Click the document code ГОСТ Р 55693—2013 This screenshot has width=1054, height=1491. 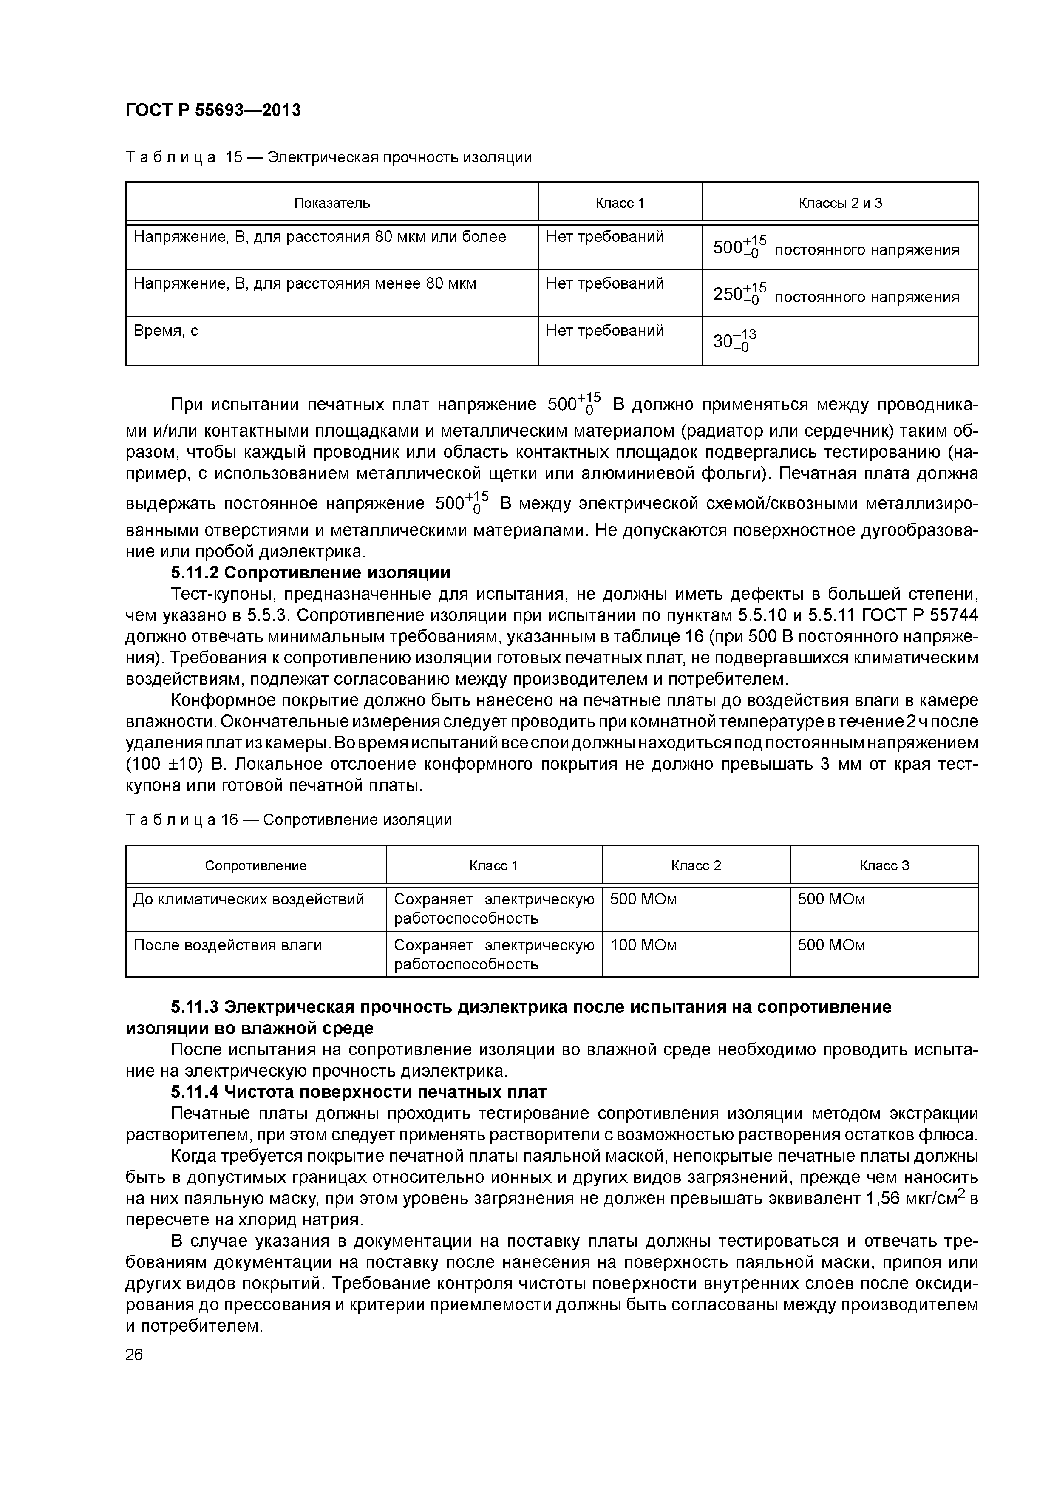pos(213,111)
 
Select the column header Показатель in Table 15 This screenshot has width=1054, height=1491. pos(332,203)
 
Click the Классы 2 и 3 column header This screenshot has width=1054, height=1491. pos(840,203)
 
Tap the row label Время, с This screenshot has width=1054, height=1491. pos(166,331)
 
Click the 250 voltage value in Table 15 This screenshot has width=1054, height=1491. pos(739,294)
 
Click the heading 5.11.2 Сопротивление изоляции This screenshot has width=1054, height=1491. pos(310,573)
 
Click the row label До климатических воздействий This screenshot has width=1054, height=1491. pos(248,899)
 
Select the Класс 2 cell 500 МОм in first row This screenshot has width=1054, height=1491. pos(643,899)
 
